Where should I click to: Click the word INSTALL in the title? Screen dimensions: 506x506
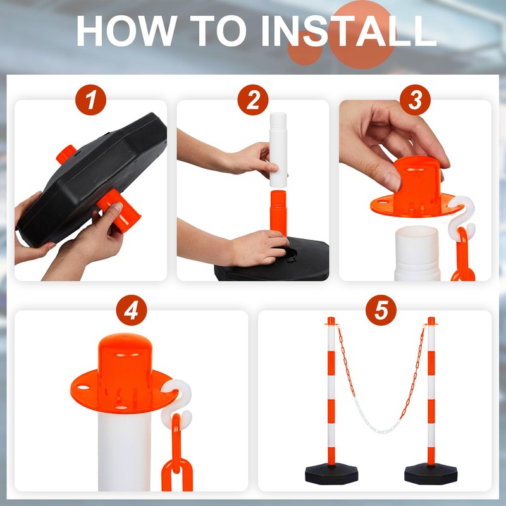tap(349, 31)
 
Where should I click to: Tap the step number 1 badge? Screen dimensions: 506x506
tap(90, 100)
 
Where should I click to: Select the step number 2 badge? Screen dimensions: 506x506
tap(253, 100)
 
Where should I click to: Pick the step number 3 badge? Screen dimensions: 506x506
tap(415, 100)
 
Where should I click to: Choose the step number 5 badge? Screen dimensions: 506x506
tap(381, 311)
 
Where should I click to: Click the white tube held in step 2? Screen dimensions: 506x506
tap(278, 150)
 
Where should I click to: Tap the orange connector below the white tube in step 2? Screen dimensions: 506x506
tap(278, 213)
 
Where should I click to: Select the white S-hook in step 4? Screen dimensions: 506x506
tap(177, 404)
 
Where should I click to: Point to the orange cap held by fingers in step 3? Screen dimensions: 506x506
tap(416, 190)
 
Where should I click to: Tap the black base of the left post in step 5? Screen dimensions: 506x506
tap(331, 474)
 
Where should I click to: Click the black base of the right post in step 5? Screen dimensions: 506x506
tap(431, 474)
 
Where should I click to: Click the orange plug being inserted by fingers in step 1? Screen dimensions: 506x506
tap(119, 209)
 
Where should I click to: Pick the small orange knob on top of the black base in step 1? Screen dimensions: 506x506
tap(66, 154)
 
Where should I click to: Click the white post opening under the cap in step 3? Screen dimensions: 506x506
tap(417, 254)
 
